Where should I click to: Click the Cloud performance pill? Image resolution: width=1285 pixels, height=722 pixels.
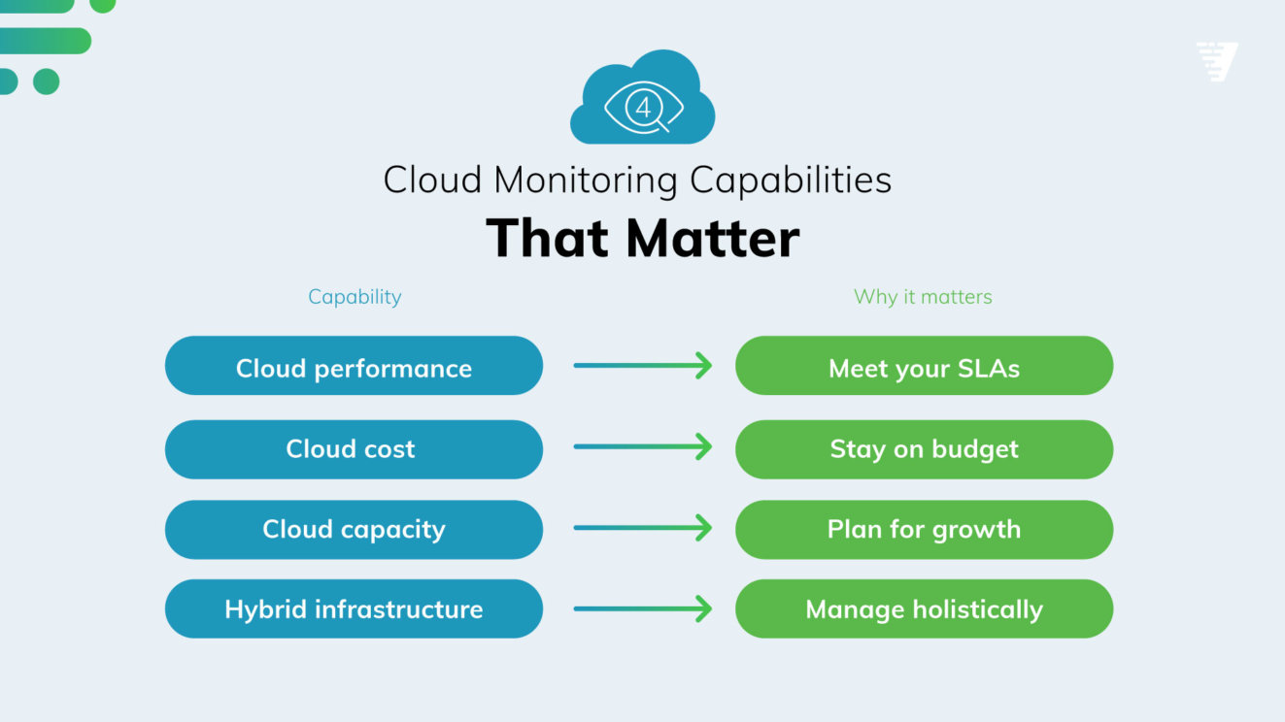pyautogui.click(x=354, y=366)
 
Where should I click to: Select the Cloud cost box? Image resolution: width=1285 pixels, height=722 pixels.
pyautogui.click(x=354, y=449)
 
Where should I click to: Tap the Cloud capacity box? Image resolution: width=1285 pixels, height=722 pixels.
pyautogui.click(x=354, y=530)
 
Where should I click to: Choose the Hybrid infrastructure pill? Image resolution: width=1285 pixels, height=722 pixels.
pyautogui.click(x=354, y=609)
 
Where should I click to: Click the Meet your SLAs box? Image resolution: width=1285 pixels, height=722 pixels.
pyautogui.click(x=924, y=366)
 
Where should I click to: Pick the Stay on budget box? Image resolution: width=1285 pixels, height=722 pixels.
pyautogui.click(x=924, y=449)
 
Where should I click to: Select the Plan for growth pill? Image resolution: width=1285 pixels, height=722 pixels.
pyautogui.click(x=924, y=530)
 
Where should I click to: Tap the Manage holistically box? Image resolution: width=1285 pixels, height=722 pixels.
pyautogui.click(x=924, y=609)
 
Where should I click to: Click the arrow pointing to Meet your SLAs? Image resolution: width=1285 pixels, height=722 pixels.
pyautogui.click(x=642, y=366)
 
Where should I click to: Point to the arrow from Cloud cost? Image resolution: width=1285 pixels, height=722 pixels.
pyautogui.click(x=642, y=447)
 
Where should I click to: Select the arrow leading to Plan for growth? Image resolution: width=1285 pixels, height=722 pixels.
pyautogui.click(x=642, y=529)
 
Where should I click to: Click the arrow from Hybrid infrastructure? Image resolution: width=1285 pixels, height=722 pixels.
pyautogui.click(x=642, y=609)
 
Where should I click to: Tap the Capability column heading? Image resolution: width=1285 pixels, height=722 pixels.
pyautogui.click(x=355, y=297)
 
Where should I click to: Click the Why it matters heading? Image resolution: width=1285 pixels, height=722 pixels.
pyautogui.click(x=923, y=297)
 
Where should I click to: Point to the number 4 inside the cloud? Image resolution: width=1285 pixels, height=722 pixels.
pyautogui.click(x=643, y=108)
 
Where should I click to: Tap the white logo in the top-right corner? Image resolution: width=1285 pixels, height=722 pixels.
pyautogui.click(x=1217, y=61)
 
